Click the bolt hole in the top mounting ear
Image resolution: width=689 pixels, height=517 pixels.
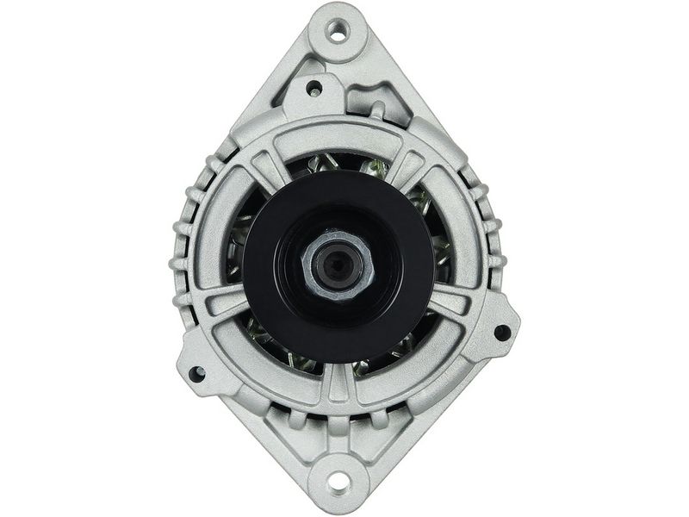338,32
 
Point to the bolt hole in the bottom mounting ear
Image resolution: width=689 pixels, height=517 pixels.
338,481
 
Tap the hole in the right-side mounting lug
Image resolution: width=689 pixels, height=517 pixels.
501,331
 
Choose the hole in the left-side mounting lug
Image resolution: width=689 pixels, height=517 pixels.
197,374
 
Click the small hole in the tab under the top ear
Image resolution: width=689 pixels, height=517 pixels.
315,88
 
